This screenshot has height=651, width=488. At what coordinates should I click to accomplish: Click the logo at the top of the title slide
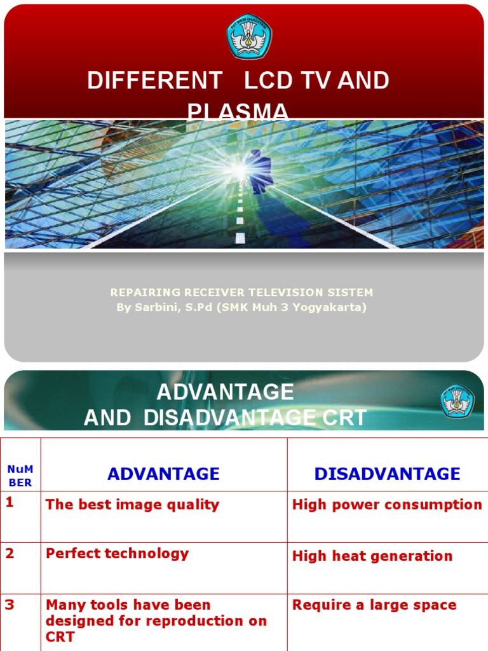pyautogui.click(x=249, y=36)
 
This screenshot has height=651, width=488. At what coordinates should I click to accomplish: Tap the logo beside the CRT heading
pyautogui.click(x=458, y=401)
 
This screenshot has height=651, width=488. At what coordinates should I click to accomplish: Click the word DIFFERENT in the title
pyautogui.click(x=154, y=81)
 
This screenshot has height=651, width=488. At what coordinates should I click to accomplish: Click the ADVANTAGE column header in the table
pyautogui.click(x=163, y=474)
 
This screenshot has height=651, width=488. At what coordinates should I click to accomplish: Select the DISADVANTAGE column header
pyautogui.click(x=387, y=474)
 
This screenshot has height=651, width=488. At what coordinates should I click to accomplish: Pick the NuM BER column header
pyautogui.click(x=20, y=476)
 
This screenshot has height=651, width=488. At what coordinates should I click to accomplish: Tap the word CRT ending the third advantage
pyautogui.click(x=60, y=636)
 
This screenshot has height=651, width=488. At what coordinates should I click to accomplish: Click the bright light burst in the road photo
pyautogui.click(x=238, y=168)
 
